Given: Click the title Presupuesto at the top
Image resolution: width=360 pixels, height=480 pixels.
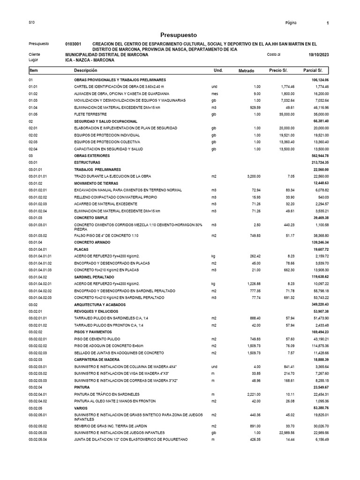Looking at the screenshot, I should pyautogui.click(x=179, y=35).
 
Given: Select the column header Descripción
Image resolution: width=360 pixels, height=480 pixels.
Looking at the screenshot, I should pyautogui.click(x=85, y=70).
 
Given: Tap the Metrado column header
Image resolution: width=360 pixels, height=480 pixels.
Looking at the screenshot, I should pyautogui.click(x=246, y=71).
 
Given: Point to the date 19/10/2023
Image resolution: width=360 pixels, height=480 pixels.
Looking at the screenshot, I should pyautogui.click(x=319, y=55).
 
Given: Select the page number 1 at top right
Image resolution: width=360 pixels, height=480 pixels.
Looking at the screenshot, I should pyautogui.click(x=327, y=23).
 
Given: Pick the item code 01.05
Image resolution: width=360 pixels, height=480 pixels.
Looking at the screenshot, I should pyautogui.click(x=33, y=114).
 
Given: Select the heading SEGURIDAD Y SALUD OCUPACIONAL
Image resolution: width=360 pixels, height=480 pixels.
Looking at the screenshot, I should pyautogui.click(x=105, y=121).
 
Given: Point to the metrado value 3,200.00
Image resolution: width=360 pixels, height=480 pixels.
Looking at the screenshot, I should pyautogui.click(x=251, y=176).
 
